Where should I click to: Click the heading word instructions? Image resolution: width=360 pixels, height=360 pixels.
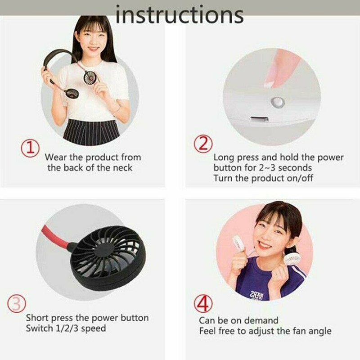(x=179, y=14)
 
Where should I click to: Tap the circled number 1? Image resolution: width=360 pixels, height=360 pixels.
(x=30, y=148)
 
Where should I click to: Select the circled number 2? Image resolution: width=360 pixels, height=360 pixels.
(x=203, y=144)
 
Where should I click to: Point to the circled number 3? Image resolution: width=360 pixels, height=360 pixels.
(x=17, y=303)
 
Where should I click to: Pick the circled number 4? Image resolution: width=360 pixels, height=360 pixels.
(x=203, y=303)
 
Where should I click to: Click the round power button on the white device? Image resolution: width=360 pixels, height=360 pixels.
(x=278, y=102)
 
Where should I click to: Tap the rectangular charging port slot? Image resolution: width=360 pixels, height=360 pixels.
(x=260, y=119)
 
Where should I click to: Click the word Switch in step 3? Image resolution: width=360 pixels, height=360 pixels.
(x=40, y=328)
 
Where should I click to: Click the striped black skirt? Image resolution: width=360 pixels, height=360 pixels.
(x=91, y=132)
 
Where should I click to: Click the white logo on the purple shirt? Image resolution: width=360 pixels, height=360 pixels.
(x=256, y=295)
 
